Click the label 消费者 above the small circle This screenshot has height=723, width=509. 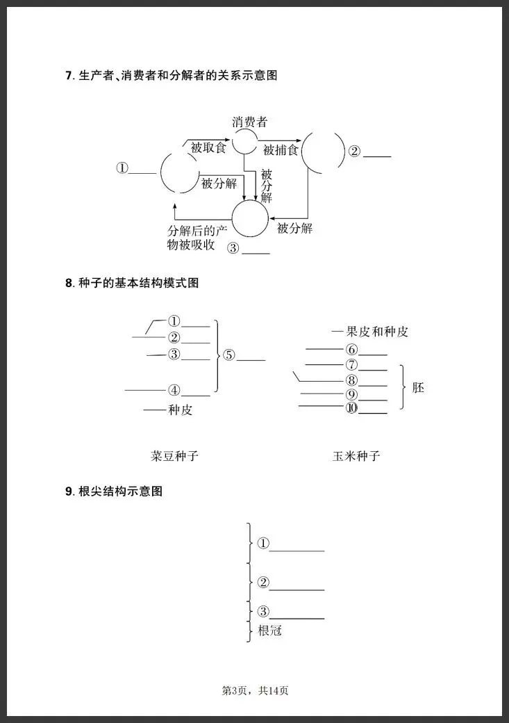(x=250, y=122)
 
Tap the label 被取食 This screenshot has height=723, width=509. (x=208, y=147)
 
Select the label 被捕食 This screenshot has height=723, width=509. (x=281, y=150)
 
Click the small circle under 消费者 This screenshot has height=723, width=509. (x=244, y=141)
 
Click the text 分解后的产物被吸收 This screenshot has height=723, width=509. (x=197, y=238)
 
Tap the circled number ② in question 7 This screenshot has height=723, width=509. (x=354, y=152)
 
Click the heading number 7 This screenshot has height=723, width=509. (x=69, y=75)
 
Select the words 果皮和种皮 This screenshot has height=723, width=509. (x=377, y=332)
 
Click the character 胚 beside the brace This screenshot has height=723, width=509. (x=418, y=387)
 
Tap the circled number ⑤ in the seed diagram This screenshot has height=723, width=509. (x=229, y=355)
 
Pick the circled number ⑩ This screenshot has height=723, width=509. (x=351, y=407)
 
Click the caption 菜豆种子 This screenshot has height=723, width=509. (x=174, y=456)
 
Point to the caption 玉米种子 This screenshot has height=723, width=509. (x=356, y=456)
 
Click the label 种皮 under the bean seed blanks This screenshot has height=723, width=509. (x=180, y=410)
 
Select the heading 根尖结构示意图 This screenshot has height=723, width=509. (x=120, y=491)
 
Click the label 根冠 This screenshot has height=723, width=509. (x=270, y=631)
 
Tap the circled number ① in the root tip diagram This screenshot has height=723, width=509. (x=263, y=544)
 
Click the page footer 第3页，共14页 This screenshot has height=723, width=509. (x=255, y=690)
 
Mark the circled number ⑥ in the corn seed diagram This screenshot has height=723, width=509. (x=351, y=350)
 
